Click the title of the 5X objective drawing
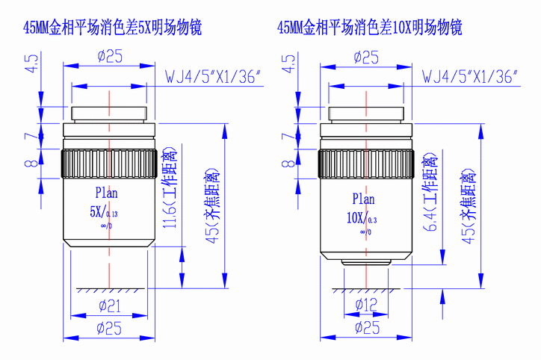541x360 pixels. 112,29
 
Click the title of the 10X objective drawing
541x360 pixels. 369,29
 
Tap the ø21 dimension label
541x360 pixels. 110,304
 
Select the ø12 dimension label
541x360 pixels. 367,304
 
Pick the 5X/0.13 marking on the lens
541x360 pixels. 104,211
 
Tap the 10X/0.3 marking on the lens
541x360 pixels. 360,219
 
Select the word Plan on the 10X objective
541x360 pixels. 364,199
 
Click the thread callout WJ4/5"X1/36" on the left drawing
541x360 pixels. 212,77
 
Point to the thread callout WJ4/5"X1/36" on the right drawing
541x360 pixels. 471,77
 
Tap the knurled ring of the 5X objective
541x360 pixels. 110,164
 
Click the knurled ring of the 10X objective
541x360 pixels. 366,164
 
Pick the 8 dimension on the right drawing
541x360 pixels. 287,163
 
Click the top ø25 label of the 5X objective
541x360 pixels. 110,55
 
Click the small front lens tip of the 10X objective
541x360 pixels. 366,264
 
